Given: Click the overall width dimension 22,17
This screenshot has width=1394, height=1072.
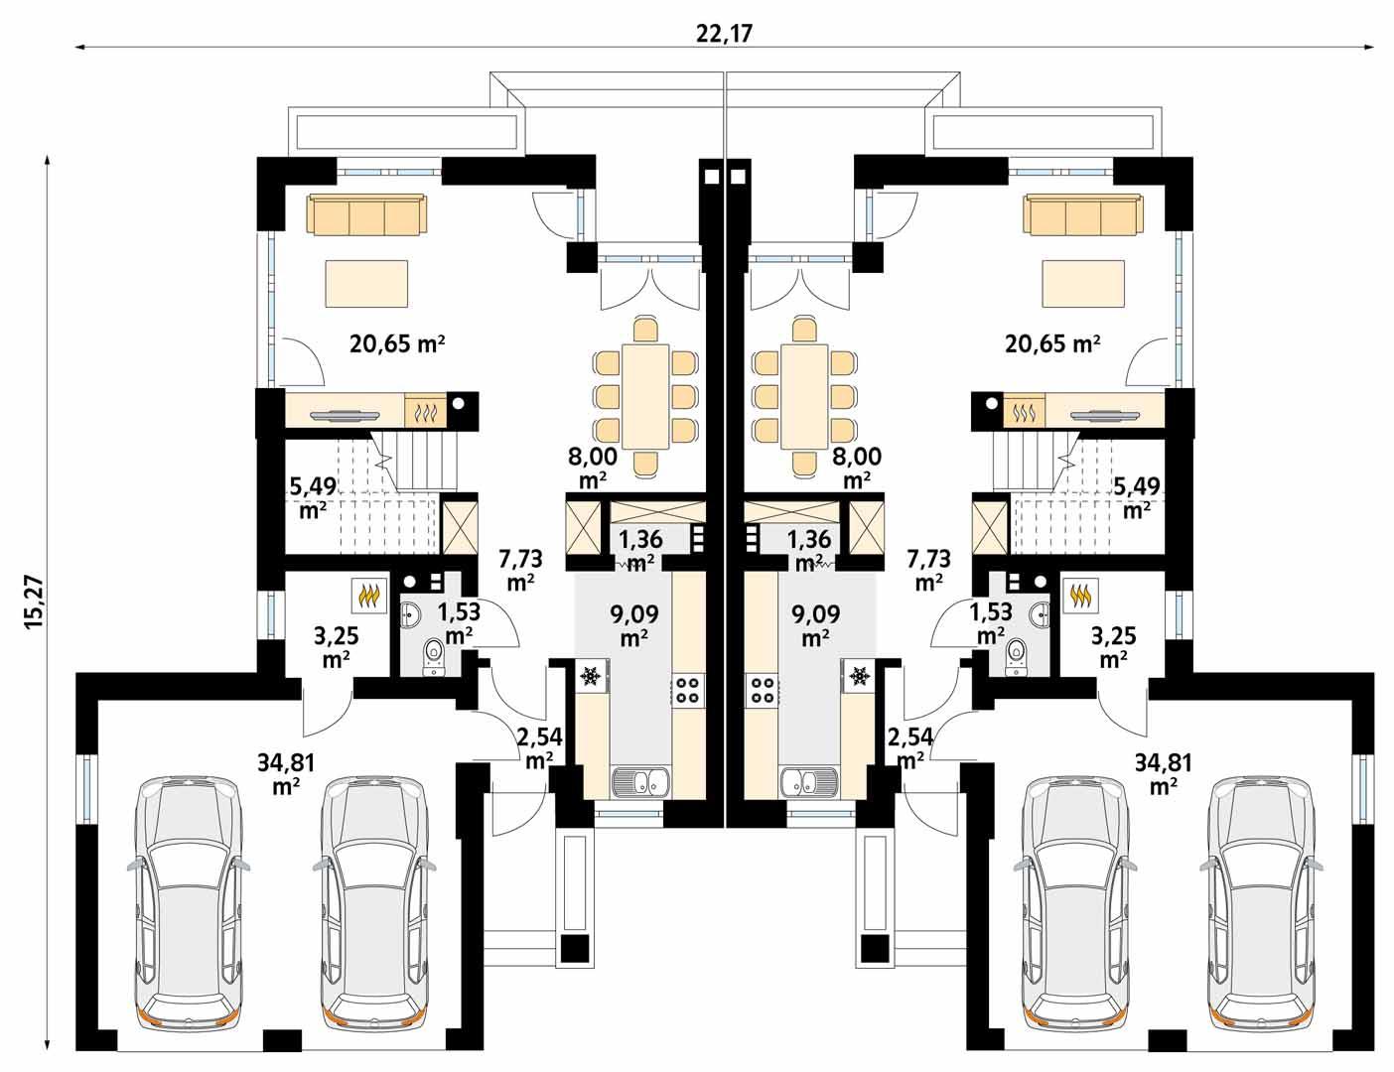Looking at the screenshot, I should pyautogui.click(x=725, y=33).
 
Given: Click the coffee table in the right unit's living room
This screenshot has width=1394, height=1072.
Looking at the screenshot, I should pyautogui.click(x=1083, y=284).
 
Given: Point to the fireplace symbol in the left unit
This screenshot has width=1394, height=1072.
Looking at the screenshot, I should pyautogui.click(x=426, y=410).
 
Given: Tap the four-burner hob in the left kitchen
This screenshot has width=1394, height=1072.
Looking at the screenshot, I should pyautogui.click(x=687, y=688).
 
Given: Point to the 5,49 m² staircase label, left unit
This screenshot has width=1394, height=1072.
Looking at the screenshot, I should pyautogui.click(x=311, y=497).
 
